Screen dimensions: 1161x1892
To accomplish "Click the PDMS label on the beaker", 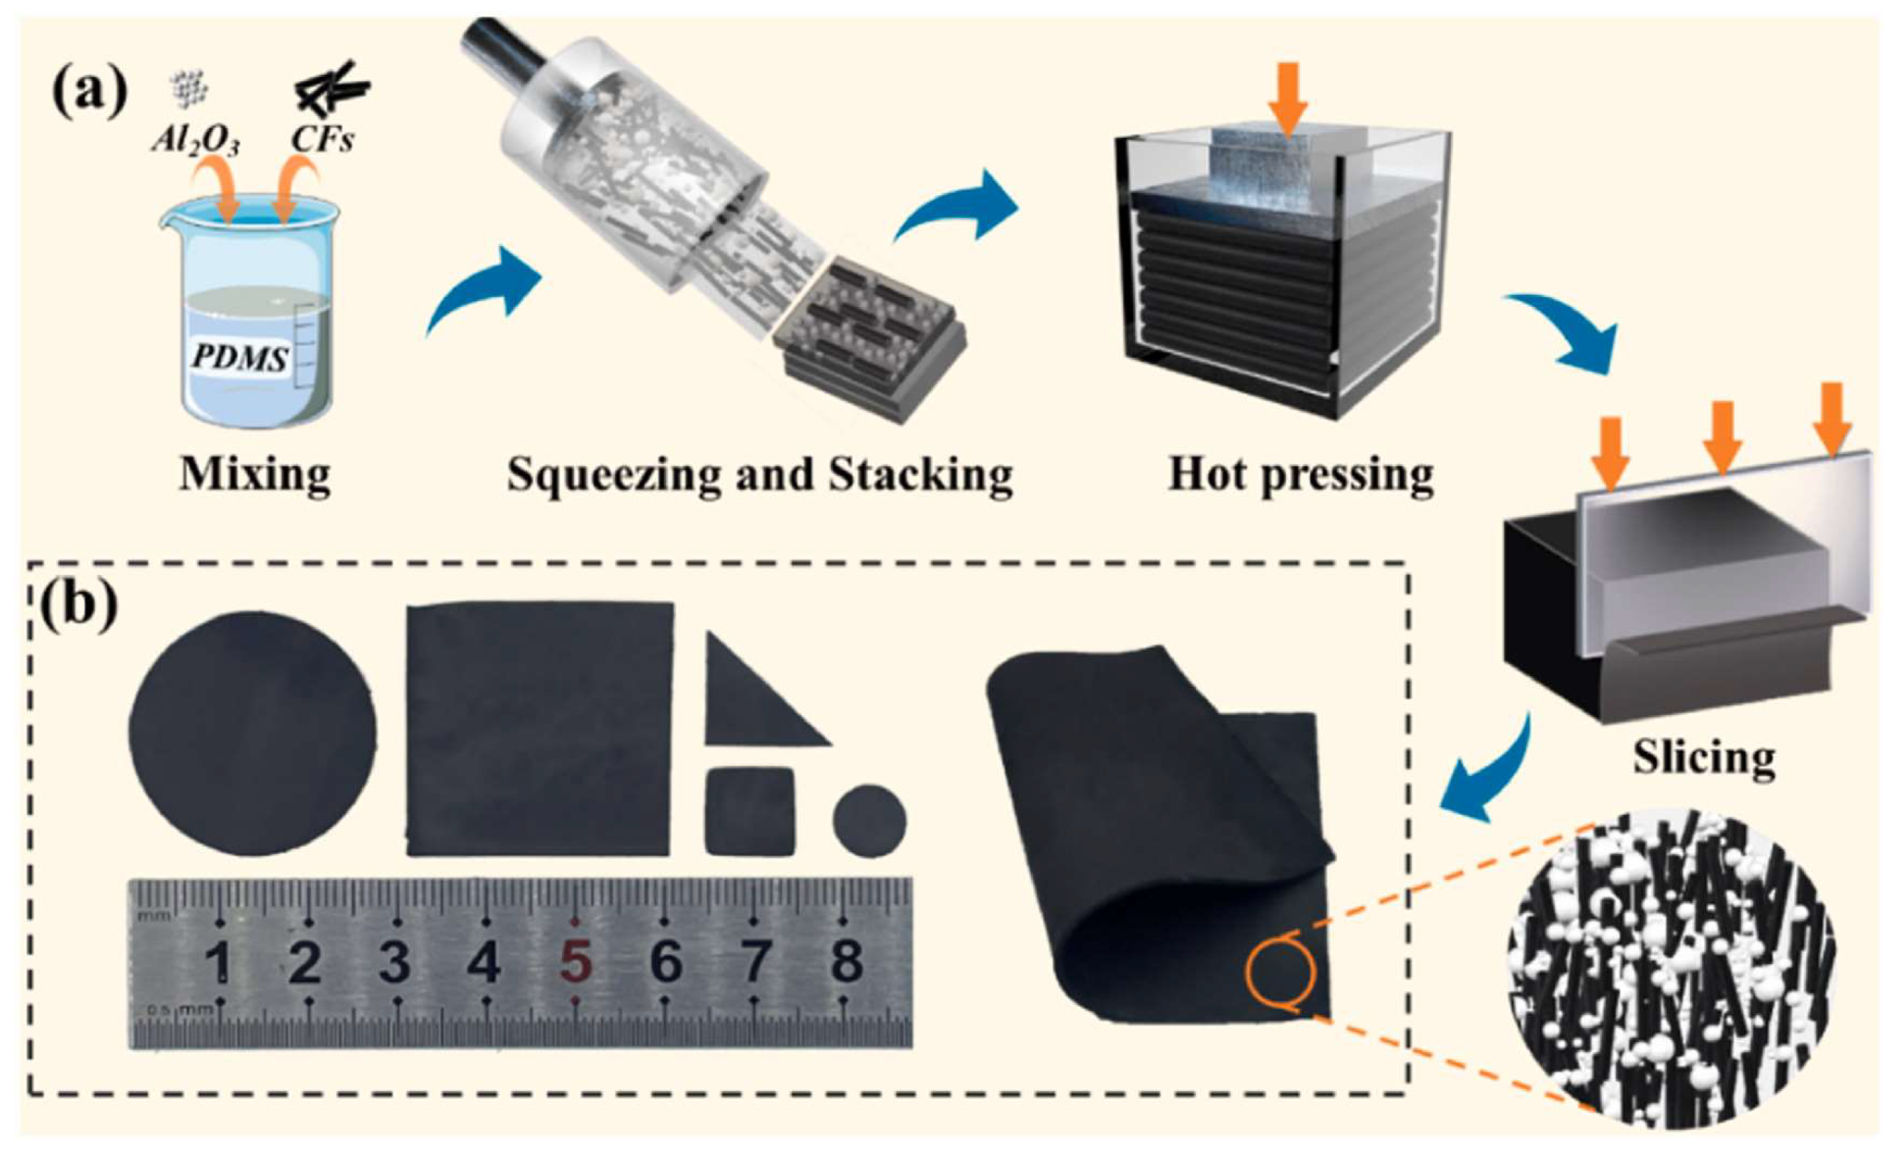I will [x=240, y=358].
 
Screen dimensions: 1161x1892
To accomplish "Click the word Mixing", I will [x=255, y=474].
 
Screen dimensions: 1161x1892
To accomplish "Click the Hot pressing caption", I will [x=1301, y=475].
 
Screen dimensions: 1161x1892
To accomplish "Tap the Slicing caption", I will [x=1703, y=758].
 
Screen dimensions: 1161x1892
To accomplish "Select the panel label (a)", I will [x=89, y=92].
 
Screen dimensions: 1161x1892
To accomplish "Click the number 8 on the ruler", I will [x=847, y=960].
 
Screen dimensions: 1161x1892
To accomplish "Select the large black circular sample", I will [x=252, y=733].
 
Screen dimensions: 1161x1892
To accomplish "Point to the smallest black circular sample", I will [x=869, y=820].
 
